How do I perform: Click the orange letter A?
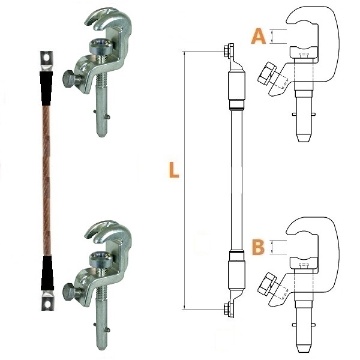(259, 36)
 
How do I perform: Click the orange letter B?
(258, 247)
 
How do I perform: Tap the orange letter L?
(174, 170)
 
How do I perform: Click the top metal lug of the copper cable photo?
(47, 61)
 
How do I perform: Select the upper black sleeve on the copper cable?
(46, 88)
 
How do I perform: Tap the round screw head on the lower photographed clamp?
(101, 259)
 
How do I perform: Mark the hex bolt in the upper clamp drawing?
(266, 73)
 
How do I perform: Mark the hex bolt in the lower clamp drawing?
(266, 284)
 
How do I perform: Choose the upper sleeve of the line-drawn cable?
(236, 85)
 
